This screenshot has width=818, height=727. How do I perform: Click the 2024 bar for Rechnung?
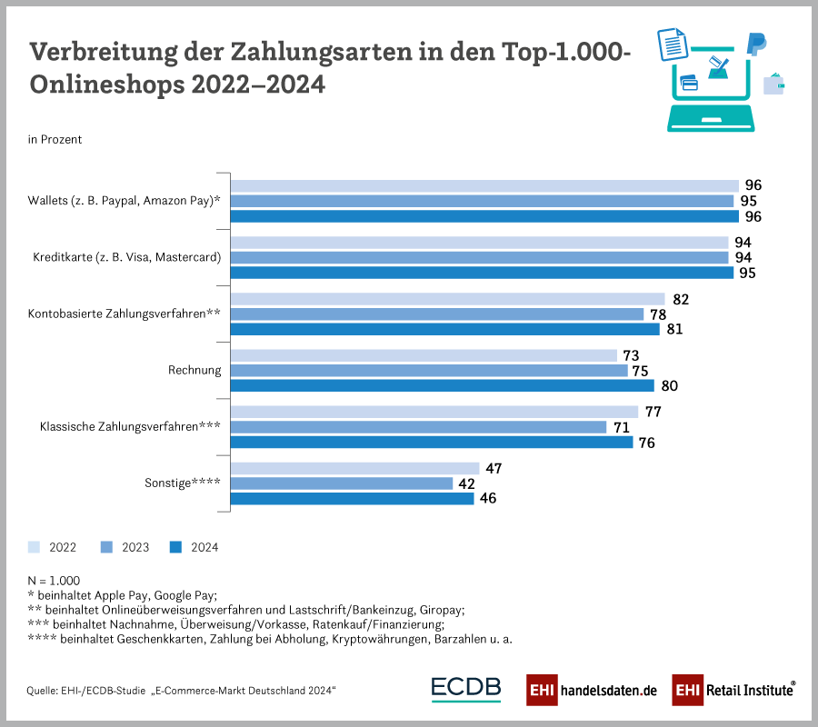[x=442, y=385]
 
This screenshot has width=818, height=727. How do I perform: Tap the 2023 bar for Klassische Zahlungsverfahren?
[x=418, y=427]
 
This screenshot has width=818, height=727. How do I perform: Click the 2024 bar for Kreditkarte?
[x=482, y=273]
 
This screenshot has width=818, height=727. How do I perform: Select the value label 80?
[x=669, y=385]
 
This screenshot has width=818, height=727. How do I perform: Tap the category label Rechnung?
[x=195, y=370]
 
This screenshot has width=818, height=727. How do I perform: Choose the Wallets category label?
[x=125, y=200]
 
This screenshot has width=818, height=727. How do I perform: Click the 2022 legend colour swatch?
[x=35, y=547]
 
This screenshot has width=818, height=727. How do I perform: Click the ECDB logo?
[x=466, y=689]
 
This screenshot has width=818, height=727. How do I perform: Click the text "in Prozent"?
[x=55, y=139]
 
